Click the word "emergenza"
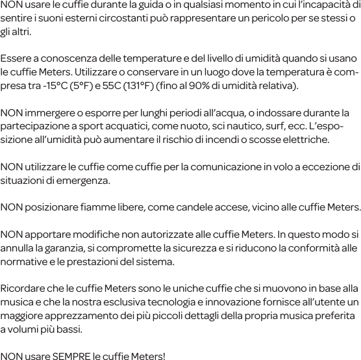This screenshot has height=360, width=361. point(82,179)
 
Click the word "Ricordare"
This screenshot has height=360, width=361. point(23,288)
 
